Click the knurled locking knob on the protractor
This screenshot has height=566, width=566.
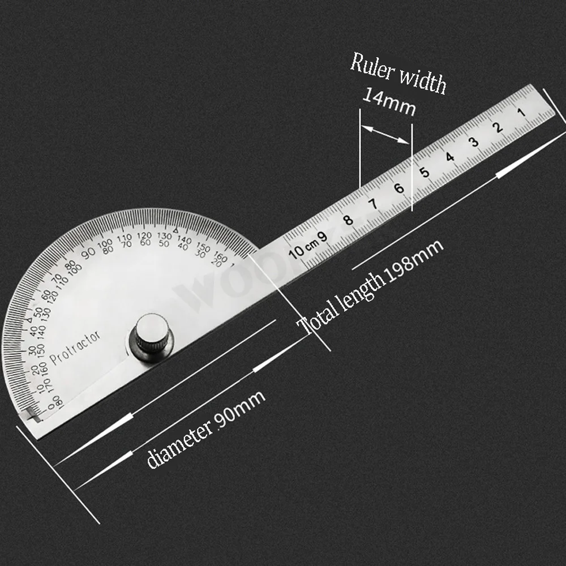pos(151,337)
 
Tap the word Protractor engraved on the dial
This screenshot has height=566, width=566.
pos(75,348)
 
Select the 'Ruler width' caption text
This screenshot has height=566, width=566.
pos(398,72)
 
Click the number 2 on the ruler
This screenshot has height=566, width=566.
pos(498,127)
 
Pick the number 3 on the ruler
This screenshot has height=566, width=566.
pos(474,141)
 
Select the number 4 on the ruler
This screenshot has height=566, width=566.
pos(449,156)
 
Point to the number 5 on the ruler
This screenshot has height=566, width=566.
pos(424,171)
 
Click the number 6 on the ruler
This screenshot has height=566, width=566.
pos(399,188)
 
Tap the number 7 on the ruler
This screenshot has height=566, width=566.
pos(374,203)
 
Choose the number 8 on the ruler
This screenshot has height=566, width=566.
pos(349,219)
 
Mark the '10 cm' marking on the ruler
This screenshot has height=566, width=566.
pos(303,247)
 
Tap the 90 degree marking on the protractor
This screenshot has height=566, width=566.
pos(89,253)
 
